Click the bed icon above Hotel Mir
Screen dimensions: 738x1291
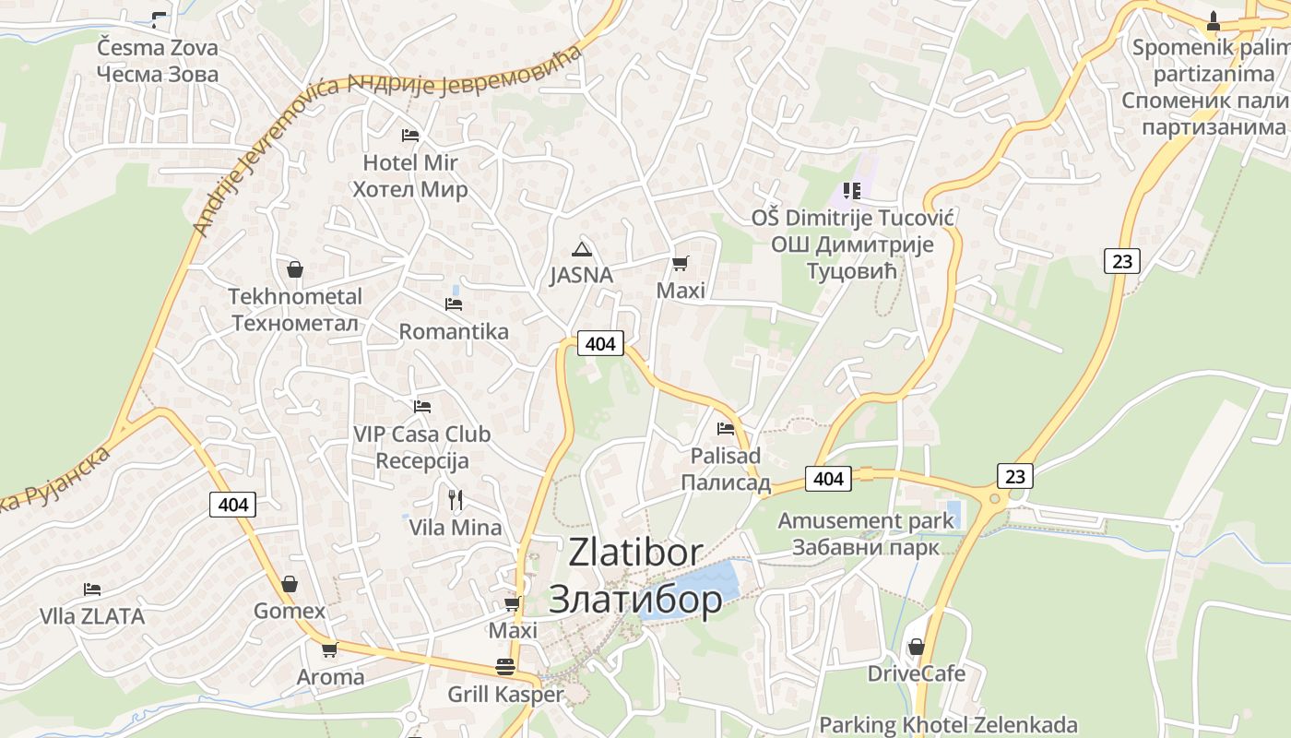[x=410, y=136]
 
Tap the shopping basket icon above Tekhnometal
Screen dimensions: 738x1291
[x=295, y=269]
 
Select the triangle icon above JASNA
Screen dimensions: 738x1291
[x=581, y=248]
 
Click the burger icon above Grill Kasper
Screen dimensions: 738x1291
[x=504, y=666]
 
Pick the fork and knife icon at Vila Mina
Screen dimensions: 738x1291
[x=455, y=500]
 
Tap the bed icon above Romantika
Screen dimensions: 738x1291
[x=454, y=304]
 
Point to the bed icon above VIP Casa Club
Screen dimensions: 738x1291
[x=422, y=406]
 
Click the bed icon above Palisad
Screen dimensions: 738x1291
[x=726, y=428]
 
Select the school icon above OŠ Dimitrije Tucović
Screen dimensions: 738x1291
[x=851, y=191]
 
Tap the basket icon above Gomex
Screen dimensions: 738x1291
[x=290, y=584]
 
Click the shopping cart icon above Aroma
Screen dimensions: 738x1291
[x=329, y=649]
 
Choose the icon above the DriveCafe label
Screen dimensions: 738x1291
[x=916, y=647]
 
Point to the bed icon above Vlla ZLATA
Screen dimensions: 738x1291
[x=91, y=589]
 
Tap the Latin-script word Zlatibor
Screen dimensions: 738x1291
[x=635, y=552]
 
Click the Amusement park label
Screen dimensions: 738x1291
[x=865, y=520]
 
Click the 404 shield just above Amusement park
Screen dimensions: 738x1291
[x=828, y=478]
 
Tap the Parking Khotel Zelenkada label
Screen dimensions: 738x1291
[x=948, y=724]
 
